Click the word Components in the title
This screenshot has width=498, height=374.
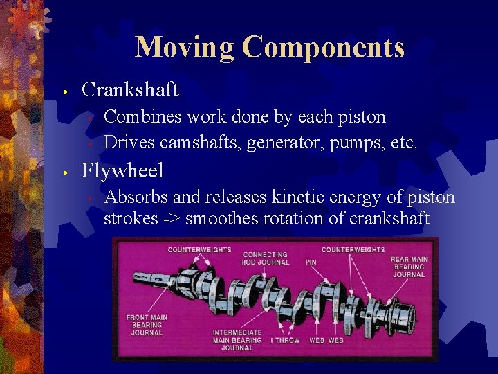(323, 47)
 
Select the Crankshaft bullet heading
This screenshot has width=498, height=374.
(130, 89)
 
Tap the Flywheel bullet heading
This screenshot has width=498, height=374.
(122, 170)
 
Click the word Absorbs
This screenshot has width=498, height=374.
(136, 197)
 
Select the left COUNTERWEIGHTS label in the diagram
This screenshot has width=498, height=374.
(199, 249)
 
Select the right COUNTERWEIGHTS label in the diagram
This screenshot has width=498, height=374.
(353, 249)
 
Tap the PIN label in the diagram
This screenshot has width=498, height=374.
(311, 262)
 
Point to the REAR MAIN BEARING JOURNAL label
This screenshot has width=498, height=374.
(409, 267)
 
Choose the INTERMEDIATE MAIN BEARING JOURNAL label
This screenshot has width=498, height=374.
(237, 339)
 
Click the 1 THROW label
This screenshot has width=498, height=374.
(285, 340)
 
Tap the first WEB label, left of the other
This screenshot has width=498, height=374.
(317, 340)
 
